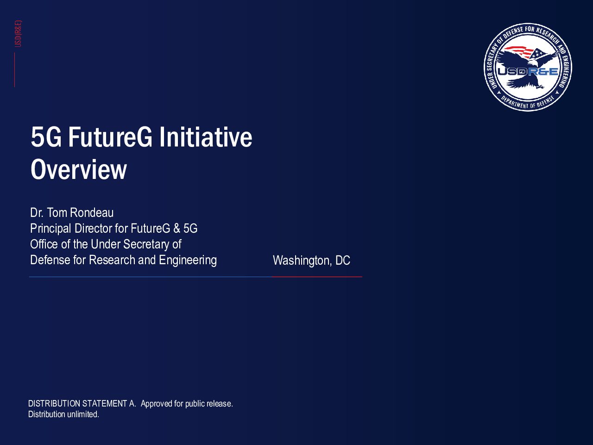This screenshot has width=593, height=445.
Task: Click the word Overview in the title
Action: coord(79,169)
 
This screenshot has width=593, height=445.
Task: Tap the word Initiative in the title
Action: coord(206,137)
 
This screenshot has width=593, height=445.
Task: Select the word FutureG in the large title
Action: coord(110,137)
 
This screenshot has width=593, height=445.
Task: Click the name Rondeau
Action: coord(92,213)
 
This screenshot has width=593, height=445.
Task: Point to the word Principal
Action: coord(50,229)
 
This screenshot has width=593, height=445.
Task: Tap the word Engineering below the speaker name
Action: coord(188,261)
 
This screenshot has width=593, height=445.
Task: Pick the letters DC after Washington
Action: coord(342,260)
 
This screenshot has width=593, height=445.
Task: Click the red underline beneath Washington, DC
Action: coord(317,277)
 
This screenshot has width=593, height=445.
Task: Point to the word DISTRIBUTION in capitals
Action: coord(54,403)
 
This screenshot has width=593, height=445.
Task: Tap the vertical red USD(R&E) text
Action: coord(18,34)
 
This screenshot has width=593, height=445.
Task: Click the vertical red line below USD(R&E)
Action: coord(14,70)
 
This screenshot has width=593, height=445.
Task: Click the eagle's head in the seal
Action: coord(532,63)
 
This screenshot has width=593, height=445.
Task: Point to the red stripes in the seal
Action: coord(519,51)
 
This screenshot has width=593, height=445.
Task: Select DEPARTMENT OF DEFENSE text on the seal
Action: coord(528,102)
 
